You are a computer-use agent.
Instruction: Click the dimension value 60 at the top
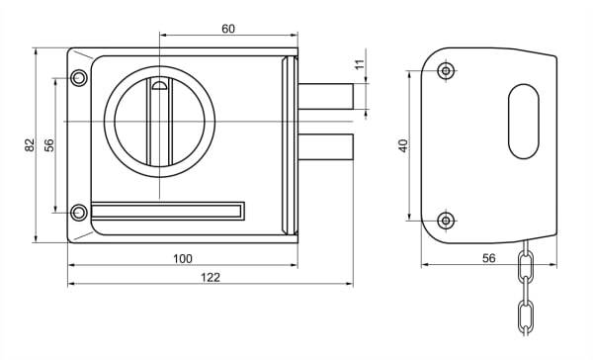[228, 29]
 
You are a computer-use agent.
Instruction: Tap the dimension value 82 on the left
[30, 145]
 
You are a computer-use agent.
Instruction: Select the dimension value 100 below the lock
[183, 258]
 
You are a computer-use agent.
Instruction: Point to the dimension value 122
[211, 278]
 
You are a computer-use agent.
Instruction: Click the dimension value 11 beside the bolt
[361, 64]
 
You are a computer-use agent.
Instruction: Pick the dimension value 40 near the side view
[404, 145]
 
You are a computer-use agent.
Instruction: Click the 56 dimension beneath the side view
[488, 258]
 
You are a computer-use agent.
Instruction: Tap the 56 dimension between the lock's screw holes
[49, 145]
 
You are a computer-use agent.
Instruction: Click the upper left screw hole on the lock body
[79, 78]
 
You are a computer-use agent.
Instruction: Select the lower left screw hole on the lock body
[79, 213]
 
